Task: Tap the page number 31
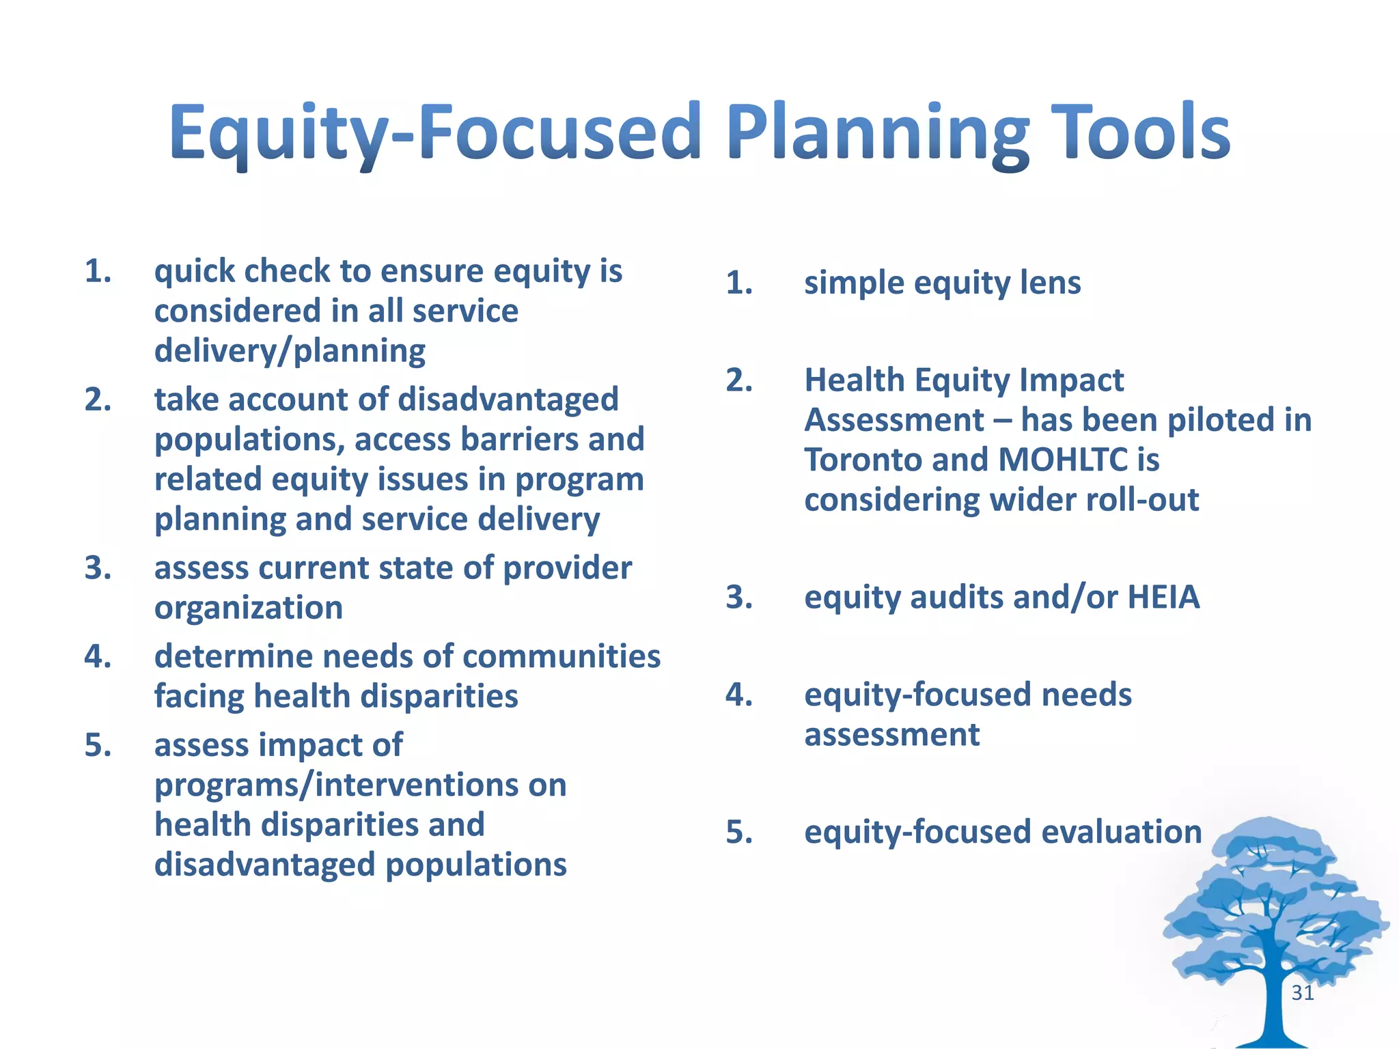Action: point(1302,992)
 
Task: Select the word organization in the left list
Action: point(249,608)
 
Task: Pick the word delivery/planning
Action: point(290,351)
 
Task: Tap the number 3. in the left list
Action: point(98,568)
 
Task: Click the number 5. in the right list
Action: point(739,833)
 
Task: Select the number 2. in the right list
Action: point(739,380)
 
